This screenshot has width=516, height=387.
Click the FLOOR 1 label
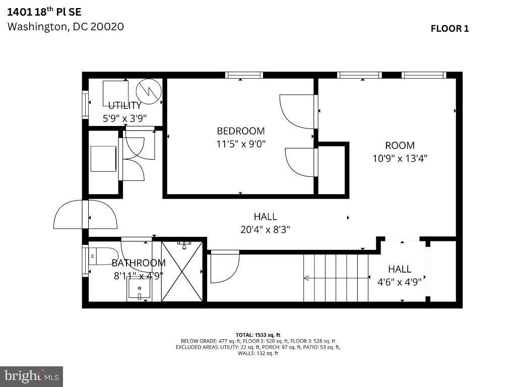pyautogui.click(x=449, y=29)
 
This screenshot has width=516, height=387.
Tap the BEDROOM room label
pyautogui.click(x=240, y=131)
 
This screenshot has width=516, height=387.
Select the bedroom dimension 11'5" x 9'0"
pyautogui.click(x=240, y=144)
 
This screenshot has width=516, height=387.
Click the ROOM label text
pyautogui.click(x=400, y=146)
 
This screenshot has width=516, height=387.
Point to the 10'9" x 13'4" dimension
pyautogui.click(x=400, y=158)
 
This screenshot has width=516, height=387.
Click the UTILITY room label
pyautogui.click(x=125, y=106)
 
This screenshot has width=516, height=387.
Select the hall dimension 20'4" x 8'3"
pyautogui.click(x=265, y=229)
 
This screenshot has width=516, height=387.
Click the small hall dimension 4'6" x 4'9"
pyautogui.click(x=400, y=282)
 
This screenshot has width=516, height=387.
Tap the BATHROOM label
pyautogui.click(x=139, y=263)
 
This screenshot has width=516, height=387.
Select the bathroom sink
pyautogui.click(x=139, y=289)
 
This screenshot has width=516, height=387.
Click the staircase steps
pyautogui.click(x=335, y=278)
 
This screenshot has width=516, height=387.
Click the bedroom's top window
pyautogui.click(x=244, y=76)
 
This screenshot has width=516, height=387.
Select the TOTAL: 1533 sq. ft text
pyautogui.click(x=257, y=335)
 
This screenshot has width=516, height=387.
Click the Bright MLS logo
pyautogui.click(x=31, y=376)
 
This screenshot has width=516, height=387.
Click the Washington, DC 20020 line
pyautogui.click(x=66, y=27)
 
